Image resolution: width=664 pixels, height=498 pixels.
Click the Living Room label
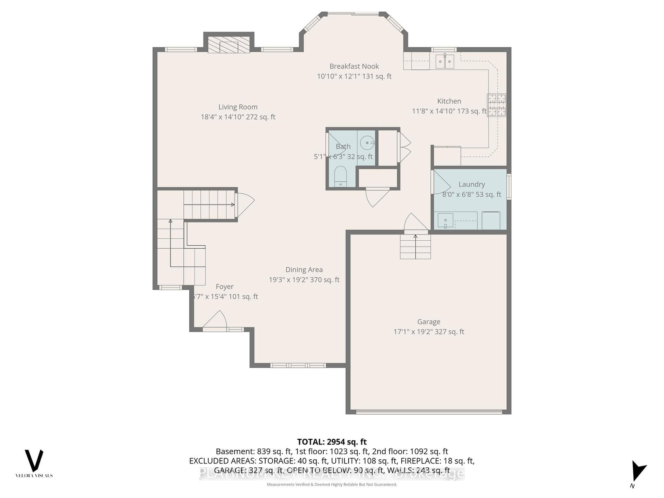tap(238, 107)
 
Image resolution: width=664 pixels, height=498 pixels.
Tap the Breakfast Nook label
tap(354, 66)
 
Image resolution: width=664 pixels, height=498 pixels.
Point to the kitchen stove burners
tap(496, 105)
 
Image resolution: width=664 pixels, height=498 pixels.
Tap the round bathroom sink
tap(367, 143)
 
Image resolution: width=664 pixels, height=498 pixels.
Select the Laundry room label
tap(471, 184)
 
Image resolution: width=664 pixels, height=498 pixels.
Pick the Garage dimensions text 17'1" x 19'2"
tap(429, 332)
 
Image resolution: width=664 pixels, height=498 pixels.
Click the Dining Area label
tap(304, 270)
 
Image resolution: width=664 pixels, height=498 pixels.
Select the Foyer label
tap(225, 287)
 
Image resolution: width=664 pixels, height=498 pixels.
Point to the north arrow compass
tap(637, 471)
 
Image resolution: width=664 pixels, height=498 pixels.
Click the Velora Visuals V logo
tap(34, 460)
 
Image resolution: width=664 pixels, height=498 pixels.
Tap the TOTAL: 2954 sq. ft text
tap(332, 442)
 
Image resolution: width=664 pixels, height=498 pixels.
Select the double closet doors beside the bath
tap(404, 148)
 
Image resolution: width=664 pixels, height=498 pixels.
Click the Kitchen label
tap(449, 101)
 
